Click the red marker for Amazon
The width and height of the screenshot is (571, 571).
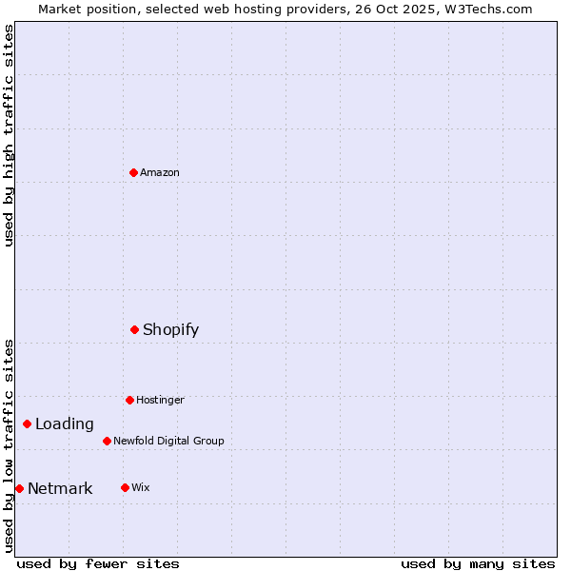[133, 172]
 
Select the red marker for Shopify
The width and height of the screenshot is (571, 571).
[134, 329]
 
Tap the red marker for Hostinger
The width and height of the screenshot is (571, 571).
[129, 400]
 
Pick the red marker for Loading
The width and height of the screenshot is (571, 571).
[27, 423]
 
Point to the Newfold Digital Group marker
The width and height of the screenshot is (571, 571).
[107, 441]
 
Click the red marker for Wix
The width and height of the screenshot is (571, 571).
[125, 487]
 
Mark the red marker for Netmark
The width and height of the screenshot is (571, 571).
[19, 488]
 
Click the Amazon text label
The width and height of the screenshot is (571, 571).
[160, 172]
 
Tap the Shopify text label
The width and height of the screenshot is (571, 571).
[171, 329]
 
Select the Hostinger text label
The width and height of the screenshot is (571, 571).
[160, 400]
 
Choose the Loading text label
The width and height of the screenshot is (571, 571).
[65, 423]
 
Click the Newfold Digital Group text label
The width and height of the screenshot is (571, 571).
[168, 441]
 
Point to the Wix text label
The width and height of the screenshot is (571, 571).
[141, 487]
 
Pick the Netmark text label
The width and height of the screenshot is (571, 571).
[60, 488]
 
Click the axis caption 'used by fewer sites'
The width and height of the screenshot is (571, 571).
[98, 563]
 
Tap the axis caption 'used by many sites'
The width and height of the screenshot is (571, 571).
[478, 563]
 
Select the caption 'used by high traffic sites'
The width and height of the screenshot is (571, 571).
[9, 135]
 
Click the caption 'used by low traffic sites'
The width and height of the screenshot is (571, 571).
[9, 445]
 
